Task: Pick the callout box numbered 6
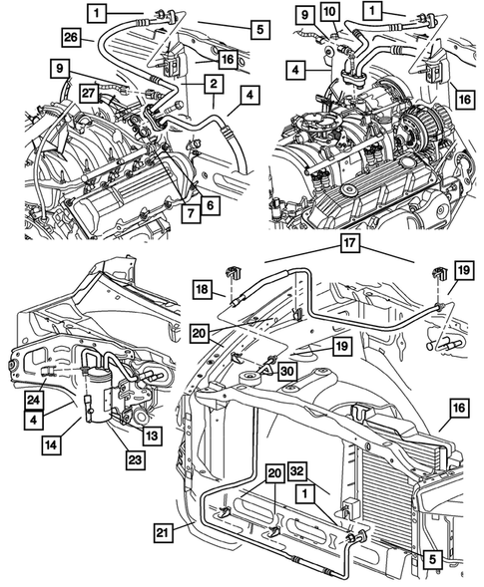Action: pyautogui.click(x=212, y=205)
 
